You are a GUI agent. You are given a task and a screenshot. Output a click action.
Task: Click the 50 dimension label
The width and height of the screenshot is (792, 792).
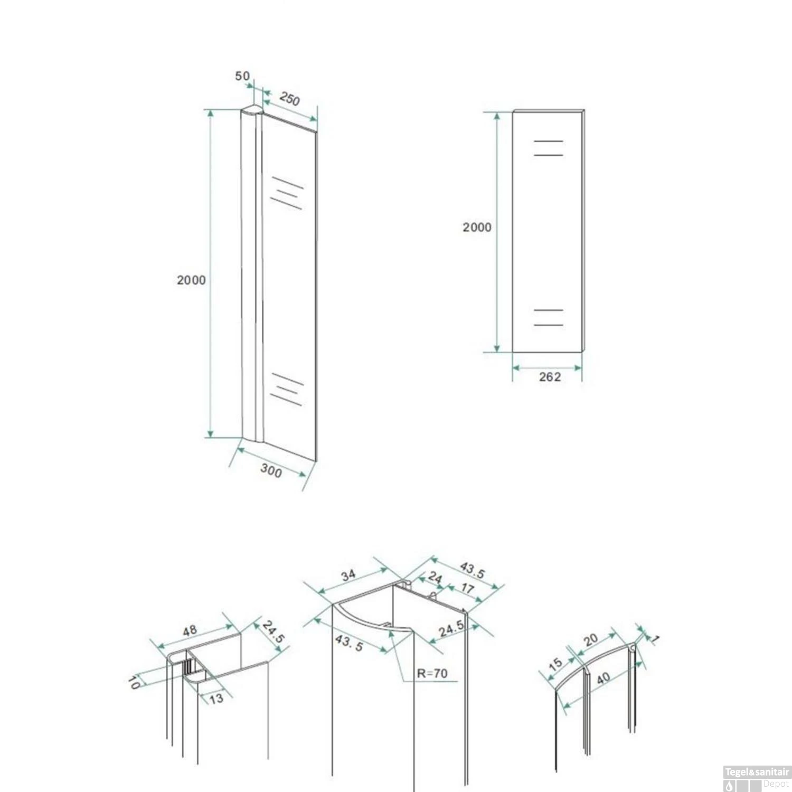(x=242, y=76)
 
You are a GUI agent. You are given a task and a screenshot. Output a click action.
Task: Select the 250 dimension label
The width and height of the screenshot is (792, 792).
(x=290, y=99)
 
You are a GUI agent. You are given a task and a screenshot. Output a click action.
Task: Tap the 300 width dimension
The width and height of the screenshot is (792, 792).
(x=271, y=470)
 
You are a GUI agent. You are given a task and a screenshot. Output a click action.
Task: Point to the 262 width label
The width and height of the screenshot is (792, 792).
(x=550, y=377)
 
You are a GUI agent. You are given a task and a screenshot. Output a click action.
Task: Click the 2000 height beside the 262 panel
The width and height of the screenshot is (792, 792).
(x=477, y=227)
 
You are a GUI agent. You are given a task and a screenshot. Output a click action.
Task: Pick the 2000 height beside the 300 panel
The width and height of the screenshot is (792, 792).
(x=191, y=280)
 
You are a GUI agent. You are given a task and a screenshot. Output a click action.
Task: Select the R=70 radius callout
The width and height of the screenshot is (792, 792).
(x=432, y=673)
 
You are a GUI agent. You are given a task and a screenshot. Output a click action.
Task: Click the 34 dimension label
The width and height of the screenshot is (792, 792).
(x=348, y=575)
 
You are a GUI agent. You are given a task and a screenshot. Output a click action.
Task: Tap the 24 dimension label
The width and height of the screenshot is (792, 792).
(x=435, y=577)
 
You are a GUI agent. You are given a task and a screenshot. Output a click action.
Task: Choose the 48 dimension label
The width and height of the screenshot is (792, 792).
(x=190, y=630)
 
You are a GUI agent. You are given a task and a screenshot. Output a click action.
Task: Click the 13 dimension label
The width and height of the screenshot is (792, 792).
(x=216, y=699)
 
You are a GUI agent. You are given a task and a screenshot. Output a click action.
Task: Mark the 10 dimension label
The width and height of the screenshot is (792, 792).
(x=134, y=683)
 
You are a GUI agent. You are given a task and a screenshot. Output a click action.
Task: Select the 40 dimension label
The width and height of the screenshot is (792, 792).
(x=603, y=678)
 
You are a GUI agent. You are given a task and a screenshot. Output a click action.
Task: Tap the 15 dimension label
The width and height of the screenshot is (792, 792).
(x=555, y=664)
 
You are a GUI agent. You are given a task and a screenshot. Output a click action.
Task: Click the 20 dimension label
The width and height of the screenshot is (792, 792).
(x=591, y=640)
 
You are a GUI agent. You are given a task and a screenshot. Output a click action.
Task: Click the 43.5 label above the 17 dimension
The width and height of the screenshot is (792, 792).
(x=472, y=570)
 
